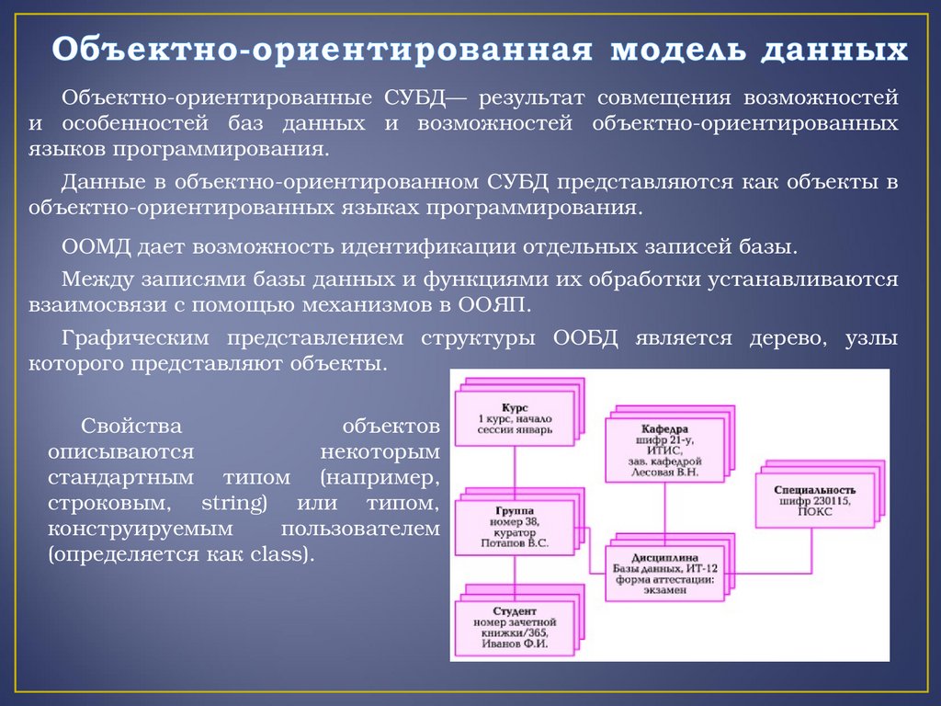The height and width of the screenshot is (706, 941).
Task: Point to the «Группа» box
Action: (x=514, y=525)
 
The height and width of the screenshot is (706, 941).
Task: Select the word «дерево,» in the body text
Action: (x=781, y=338)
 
